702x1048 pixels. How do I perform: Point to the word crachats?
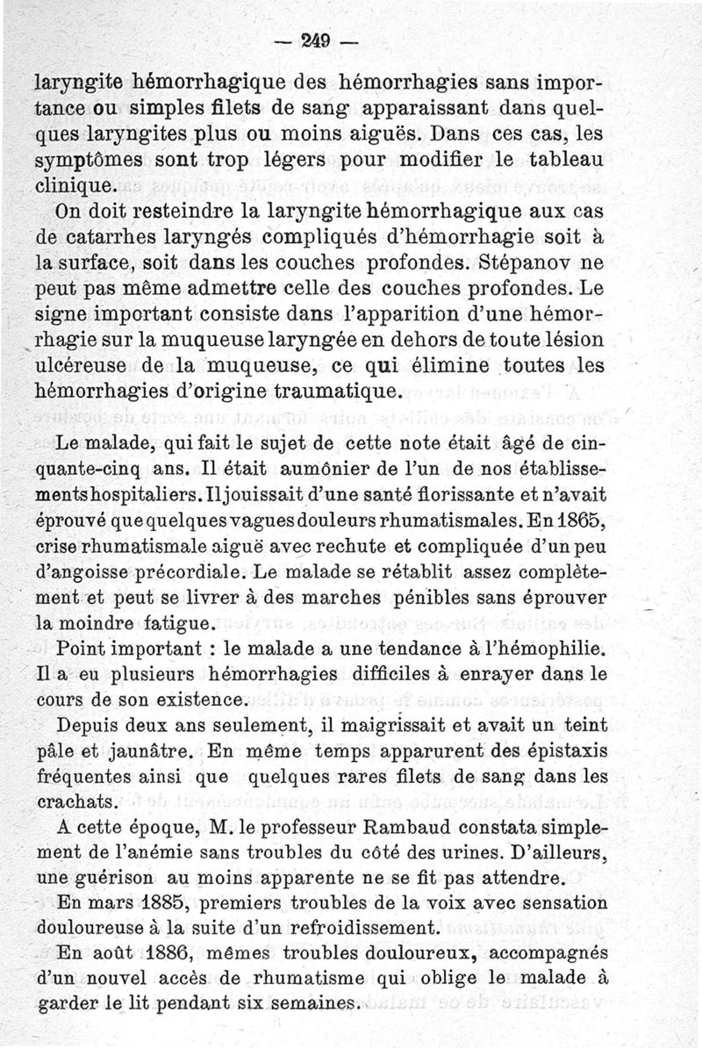[x=76, y=802]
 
